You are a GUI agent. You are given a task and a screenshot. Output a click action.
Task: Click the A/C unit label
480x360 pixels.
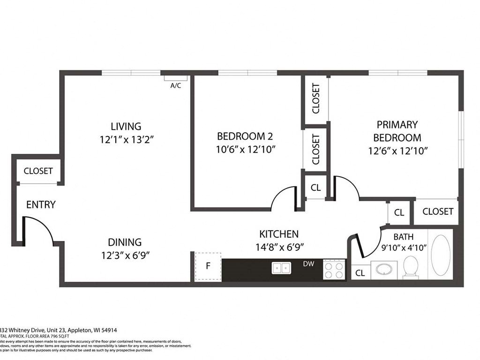pos(176,85)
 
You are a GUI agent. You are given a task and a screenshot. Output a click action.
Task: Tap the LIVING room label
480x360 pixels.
pos(126,126)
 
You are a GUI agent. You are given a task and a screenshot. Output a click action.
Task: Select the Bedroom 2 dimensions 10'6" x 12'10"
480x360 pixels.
pos(245,150)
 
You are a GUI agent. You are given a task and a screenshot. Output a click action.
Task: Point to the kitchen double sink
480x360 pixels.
pos(281,268)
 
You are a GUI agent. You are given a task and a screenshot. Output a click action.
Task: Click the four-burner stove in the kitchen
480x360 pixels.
pos(334,270)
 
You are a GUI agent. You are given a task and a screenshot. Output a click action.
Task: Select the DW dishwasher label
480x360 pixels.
pos(308,264)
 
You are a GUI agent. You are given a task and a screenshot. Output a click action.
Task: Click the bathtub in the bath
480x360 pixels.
pos(440,255)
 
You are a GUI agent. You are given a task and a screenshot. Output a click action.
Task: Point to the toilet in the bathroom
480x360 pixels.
pos(411,267)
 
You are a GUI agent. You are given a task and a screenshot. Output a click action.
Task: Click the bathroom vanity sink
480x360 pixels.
pos(385,270)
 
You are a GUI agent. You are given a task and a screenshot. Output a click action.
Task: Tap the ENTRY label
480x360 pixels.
pos(41,205)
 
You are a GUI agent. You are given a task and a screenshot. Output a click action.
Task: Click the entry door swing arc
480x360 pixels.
pos(40,230)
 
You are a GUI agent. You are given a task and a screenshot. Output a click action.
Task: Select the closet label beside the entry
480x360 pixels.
pos(38,171)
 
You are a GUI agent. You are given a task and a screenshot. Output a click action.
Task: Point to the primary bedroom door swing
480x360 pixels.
pos(346,187)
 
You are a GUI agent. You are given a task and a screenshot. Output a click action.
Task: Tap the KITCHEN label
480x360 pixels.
pos(279,234)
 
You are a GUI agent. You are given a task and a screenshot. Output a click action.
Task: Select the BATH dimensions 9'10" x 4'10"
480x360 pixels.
pos(403,248)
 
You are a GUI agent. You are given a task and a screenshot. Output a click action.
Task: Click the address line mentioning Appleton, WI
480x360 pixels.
pos(53,330)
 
